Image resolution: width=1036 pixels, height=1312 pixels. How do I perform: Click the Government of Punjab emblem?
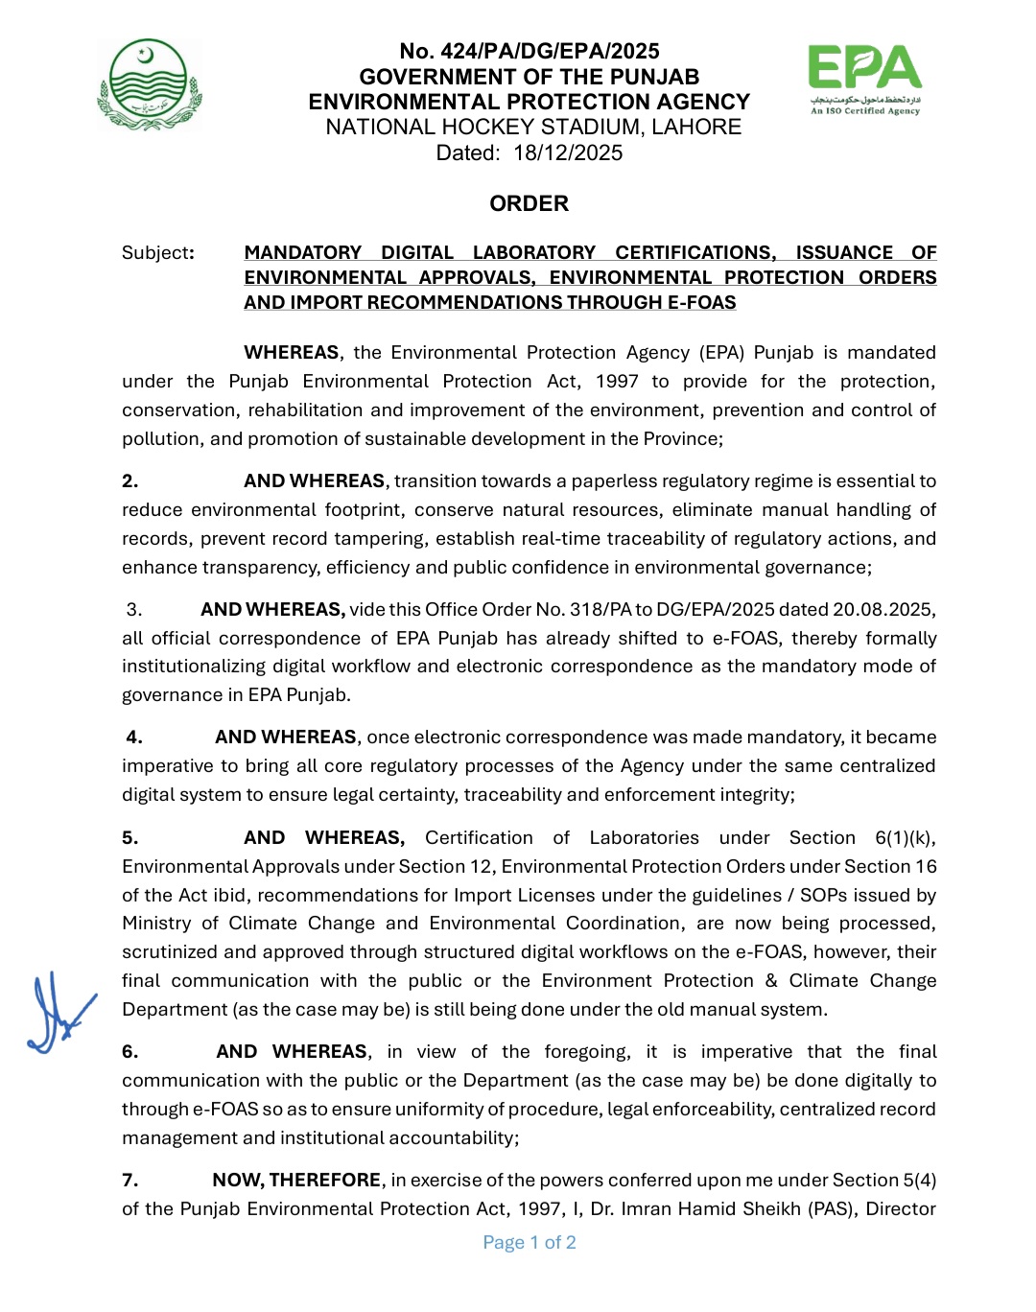[x=149, y=83]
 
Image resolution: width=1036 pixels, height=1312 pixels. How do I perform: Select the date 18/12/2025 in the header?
[x=568, y=153]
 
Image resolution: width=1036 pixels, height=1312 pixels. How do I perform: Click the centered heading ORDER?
[x=529, y=204]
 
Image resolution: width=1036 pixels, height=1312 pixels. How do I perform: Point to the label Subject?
[x=156, y=253]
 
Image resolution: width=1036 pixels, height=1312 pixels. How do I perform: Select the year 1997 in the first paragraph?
[x=616, y=382]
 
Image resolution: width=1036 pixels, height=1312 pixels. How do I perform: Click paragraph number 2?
[x=129, y=481]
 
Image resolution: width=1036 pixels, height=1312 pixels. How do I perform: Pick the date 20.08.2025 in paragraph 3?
[x=883, y=610]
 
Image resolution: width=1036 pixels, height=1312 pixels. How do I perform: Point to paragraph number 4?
[x=134, y=738]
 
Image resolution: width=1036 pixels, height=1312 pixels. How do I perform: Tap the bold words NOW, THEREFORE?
[x=296, y=1181]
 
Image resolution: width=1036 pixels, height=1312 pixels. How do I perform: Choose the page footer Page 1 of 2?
[x=530, y=1243]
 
